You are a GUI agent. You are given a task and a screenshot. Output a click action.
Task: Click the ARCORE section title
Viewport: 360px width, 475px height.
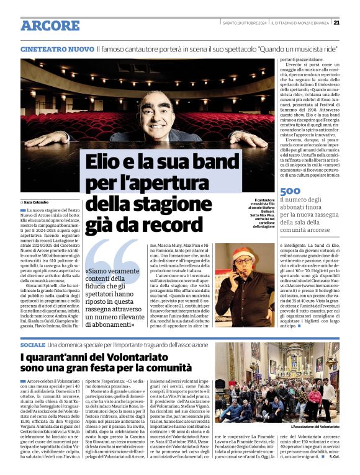coord(50,25)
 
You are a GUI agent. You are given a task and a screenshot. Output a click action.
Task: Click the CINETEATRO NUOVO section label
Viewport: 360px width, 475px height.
coord(57,48)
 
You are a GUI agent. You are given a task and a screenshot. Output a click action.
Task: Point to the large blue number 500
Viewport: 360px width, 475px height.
coord(290,192)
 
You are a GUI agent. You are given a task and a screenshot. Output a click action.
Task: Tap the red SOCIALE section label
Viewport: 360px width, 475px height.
coord(32,344)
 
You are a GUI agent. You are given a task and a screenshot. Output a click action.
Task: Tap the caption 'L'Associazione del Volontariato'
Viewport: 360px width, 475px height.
coord(315,427)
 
